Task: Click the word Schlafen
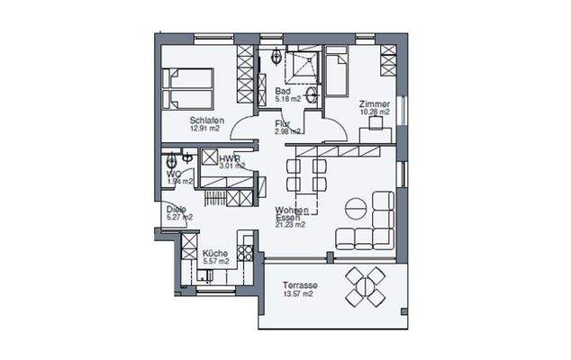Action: [206, 120]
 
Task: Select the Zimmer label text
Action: [374, 103]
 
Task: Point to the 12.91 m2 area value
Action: [206, 129]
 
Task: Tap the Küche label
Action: [214, 253]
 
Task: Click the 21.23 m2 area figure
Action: [290, 225]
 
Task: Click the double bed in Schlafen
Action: [187, 88]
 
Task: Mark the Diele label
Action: [176, 210]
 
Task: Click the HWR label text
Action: [228, 158]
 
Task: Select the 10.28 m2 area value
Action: [374, 112]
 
